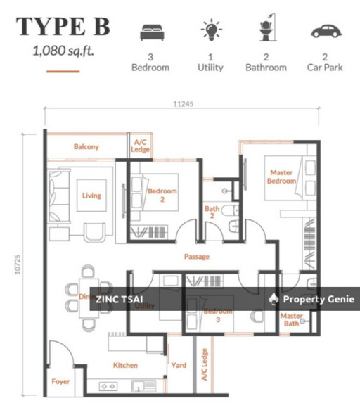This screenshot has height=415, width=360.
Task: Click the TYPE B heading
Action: click(x=63, y=27)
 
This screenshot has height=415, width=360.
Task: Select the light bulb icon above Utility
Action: click(x=210, y=32)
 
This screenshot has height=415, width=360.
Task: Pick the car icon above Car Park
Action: click(x=325, y=32)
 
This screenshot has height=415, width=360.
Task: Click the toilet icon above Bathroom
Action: click(x=266, y=31)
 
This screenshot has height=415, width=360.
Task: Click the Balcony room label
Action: click(x=86, y=147)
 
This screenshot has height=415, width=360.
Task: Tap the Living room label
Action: click(x=91, y=196)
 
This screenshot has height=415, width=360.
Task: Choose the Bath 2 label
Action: click(x=212, y=212)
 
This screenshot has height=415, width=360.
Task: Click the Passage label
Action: click(x=197, y=257)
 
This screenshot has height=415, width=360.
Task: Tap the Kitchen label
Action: click(x=126, y=365)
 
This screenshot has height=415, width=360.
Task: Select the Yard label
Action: click(x=179, y=365)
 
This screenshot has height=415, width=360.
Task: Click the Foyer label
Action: click(x=61, y=382)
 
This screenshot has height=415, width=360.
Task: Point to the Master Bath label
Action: click(x=291, y=319)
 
